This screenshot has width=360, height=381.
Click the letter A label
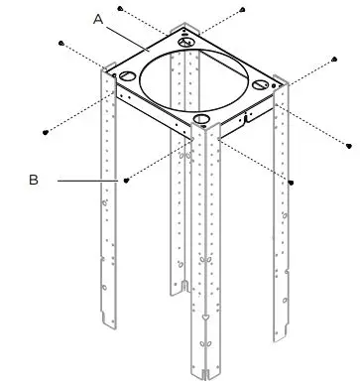[99, 18]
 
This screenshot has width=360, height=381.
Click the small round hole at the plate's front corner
[202, 118]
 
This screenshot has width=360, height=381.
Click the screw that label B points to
[128, 181]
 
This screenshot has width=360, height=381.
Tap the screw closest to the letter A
[120, 7]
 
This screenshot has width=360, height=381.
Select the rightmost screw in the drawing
[350, 147]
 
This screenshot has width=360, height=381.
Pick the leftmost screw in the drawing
[48, 129]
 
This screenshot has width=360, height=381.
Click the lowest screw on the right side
[292, 182]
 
